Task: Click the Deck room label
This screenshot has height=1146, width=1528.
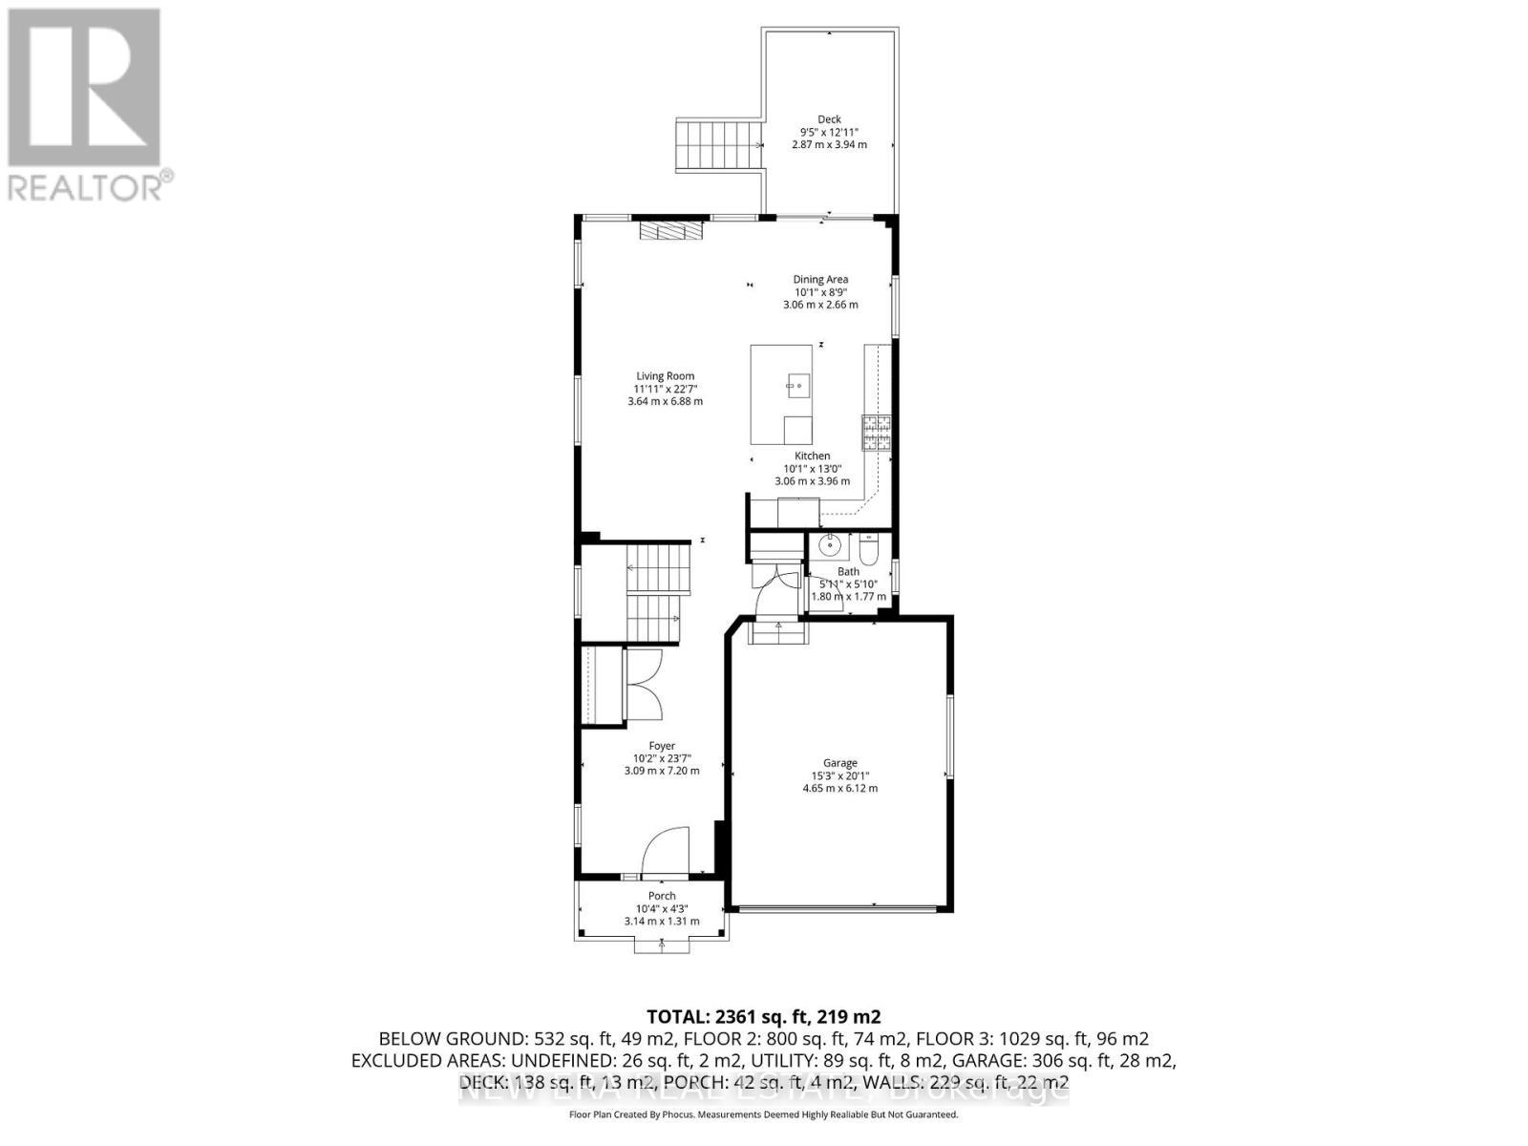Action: (829, 119)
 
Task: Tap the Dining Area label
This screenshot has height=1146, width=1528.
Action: (820, 280)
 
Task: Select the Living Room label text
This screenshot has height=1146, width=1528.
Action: (666, 376)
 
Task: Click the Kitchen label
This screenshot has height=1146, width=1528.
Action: (812, 456)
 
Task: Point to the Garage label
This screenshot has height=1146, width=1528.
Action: (840, 763)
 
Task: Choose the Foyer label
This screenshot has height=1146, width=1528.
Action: (662, 746)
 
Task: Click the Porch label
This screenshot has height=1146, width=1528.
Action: (662, 896)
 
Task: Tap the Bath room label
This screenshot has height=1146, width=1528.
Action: (848, 572)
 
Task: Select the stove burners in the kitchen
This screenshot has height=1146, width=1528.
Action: (876, 434)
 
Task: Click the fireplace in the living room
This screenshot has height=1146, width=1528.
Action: (670, 231)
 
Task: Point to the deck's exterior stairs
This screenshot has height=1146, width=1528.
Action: (719, 145)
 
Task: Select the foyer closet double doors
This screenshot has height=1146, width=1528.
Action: (646, 685)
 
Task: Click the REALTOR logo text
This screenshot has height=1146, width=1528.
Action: (92, 185)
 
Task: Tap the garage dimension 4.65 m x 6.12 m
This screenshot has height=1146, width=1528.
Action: (840, 789)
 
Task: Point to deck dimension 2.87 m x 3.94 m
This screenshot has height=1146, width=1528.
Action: (829, 145)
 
